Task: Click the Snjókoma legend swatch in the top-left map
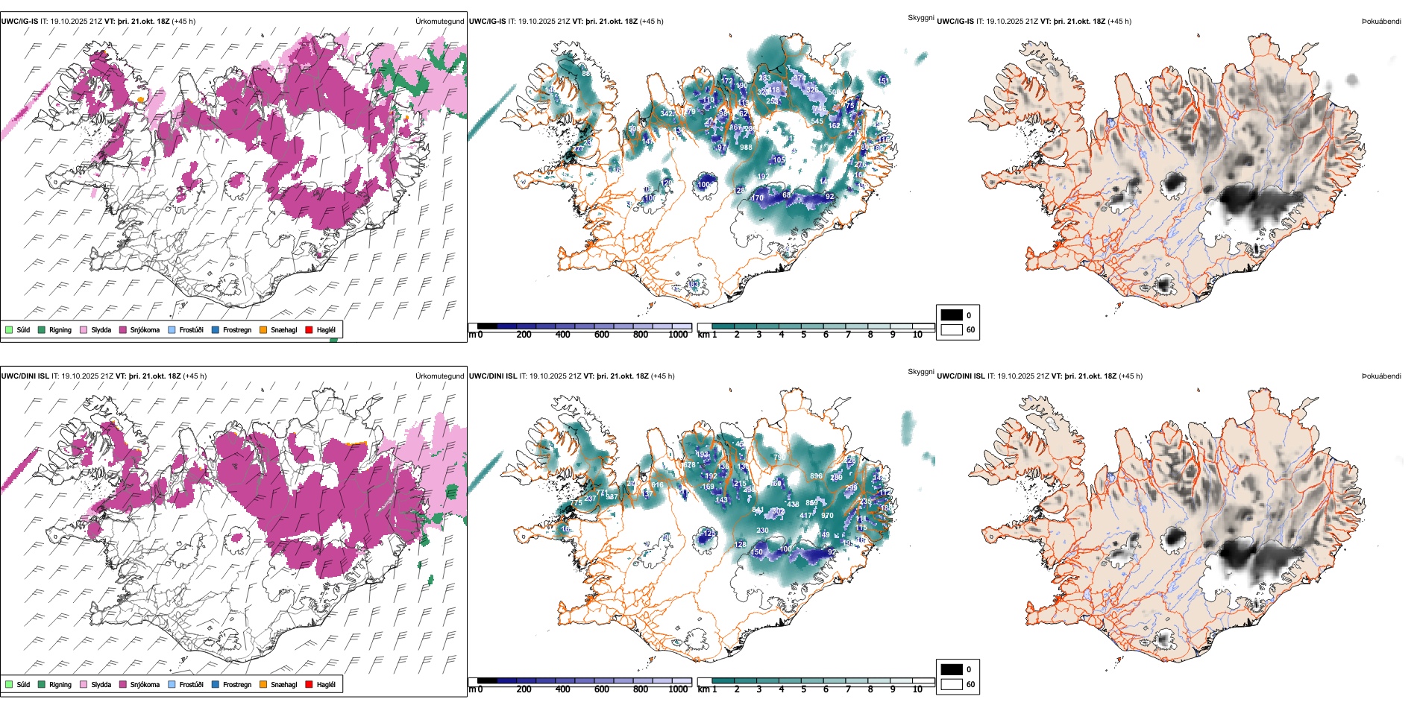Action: pyautogui.click(x=123, y=329)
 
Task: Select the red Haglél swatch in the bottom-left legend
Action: pyautogui.click(x=309, y=684)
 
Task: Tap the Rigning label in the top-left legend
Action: pyautogui.click(x=60, y=330)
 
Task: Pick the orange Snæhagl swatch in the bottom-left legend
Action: pyautogui.click(x=263, y=684)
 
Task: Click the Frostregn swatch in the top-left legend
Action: pyautogui.click(x=216, y=329)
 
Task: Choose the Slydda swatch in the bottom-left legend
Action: pyautogui.click(x=84, y=684)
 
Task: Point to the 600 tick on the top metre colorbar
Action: pyautogui.click(x=602, y=335)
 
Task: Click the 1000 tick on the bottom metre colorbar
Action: pyautogui.click(x=678, y=689)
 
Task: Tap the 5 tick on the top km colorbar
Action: pyautogui.click(x=803, y=335)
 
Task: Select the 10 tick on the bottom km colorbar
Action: pyautogui.click(x=917, y=689)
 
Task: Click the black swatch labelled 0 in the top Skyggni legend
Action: pyautogui.click(x=952, y=315)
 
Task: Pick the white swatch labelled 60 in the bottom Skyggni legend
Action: pyautogui.click(x=952, y=684)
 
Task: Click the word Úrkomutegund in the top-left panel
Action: pyautogui.click(x=439, y=22)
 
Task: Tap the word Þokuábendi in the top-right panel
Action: pyautogui.click(x=1381, y=22)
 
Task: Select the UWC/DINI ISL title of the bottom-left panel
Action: pyautogui.click(x=25, y=376)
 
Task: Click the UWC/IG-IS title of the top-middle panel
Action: pyautogui.click(x=487, y=22)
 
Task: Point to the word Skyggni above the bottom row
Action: pyautogui.click(x=920, y=372)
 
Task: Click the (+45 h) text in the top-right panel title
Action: pyautogui.click(x=1119, y=22)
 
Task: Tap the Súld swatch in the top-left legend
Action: pyautogui.click(x=9, y=329)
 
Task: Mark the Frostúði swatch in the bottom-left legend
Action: pyautogui.click(x=172, y=684)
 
